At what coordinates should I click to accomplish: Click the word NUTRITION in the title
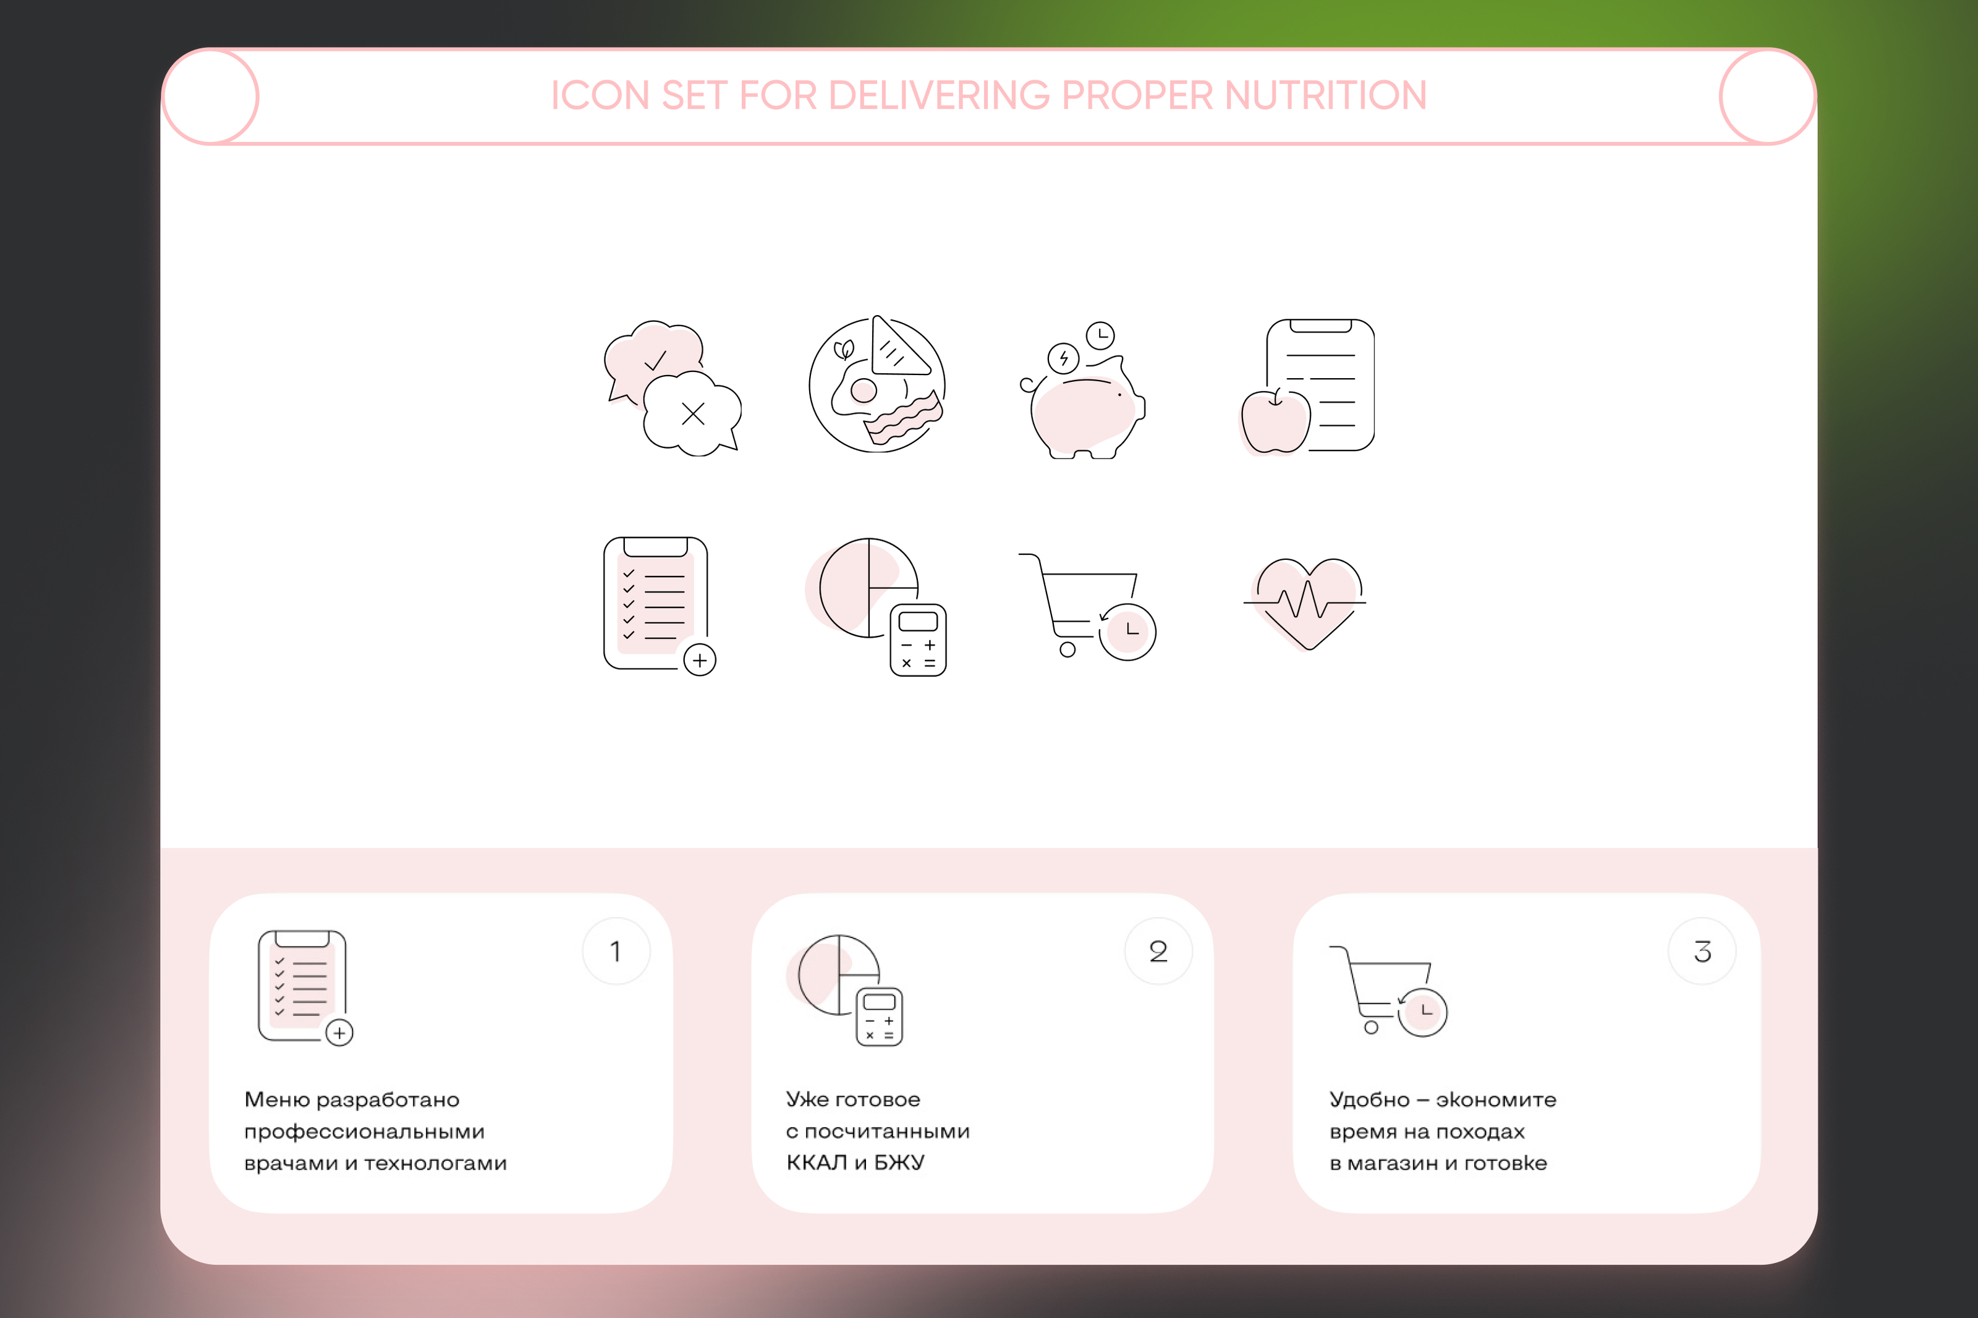(x=1326, y=95)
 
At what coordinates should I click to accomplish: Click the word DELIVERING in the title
(x=939, y=95)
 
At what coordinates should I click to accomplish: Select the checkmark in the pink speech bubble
(x=655, y=361)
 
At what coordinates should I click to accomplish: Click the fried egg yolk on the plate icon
(x=864, y=390)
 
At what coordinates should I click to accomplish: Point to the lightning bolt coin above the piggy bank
(x=1063, y=359)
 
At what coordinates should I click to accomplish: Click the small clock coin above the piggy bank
(x=1100, y=336)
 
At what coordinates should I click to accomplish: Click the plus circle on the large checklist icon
(x=699, y=660)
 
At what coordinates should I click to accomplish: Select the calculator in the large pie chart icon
(x=918, y=640)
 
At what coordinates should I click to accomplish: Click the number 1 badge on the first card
(x=616, y=951)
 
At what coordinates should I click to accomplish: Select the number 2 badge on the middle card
(x=1158, y=951)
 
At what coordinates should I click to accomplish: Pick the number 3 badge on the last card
(x=1702, y=951)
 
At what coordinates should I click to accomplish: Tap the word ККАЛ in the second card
(x=817, y=1162)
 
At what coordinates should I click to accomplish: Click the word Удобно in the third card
(x=1369, y=1099)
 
